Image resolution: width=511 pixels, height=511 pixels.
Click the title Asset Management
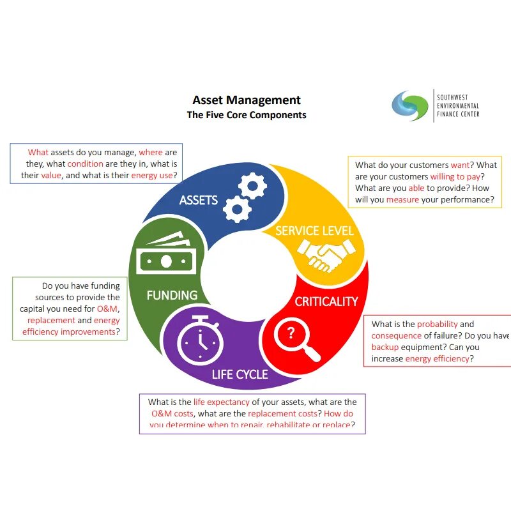tap(247, 100)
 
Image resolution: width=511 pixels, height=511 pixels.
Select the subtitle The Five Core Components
tap(247, 115)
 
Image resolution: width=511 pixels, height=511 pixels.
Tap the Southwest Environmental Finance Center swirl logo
tap(409, 105)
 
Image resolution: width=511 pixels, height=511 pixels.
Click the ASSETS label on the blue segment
tap(199, 200)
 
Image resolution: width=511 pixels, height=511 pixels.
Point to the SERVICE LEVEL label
tap(314, 230)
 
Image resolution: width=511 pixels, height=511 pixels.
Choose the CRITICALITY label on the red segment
tap(326, 301)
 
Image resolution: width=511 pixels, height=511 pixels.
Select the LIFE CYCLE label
tap(240, 374)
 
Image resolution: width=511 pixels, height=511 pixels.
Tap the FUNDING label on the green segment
tap(172, 295)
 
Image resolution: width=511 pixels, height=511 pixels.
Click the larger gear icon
tap(252, 186)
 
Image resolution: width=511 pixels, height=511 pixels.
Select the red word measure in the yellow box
tap(402, 199)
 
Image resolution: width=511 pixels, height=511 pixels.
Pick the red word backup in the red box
tap(385, 347)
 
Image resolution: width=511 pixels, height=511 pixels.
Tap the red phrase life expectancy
tap(221, 402)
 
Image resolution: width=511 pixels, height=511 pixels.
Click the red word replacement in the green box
tap(51, 321)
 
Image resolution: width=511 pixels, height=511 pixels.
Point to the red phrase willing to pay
tap(455, 176)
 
